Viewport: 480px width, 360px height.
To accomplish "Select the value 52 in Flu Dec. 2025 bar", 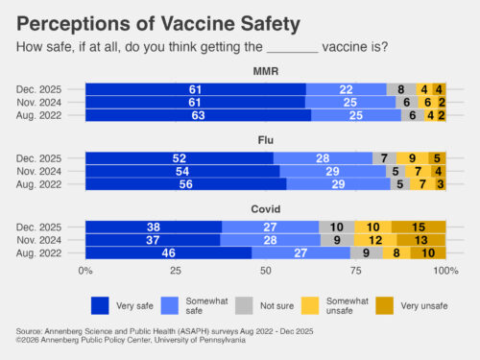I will pyautogui.click(x=180, y=157).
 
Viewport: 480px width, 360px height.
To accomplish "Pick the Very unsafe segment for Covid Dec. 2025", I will pyautogui.click(x=420, y=227).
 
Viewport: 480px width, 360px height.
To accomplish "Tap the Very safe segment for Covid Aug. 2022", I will pyautogui.click(x=168, y=253).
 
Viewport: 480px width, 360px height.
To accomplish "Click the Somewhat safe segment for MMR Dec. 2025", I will pyautogui.click(x=347, y=88).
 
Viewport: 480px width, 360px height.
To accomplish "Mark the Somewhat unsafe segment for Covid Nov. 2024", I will pyautogui.click(x=377, y=240).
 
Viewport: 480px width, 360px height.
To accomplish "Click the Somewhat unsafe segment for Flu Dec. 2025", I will pyautogui.click(x=412, y=157).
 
